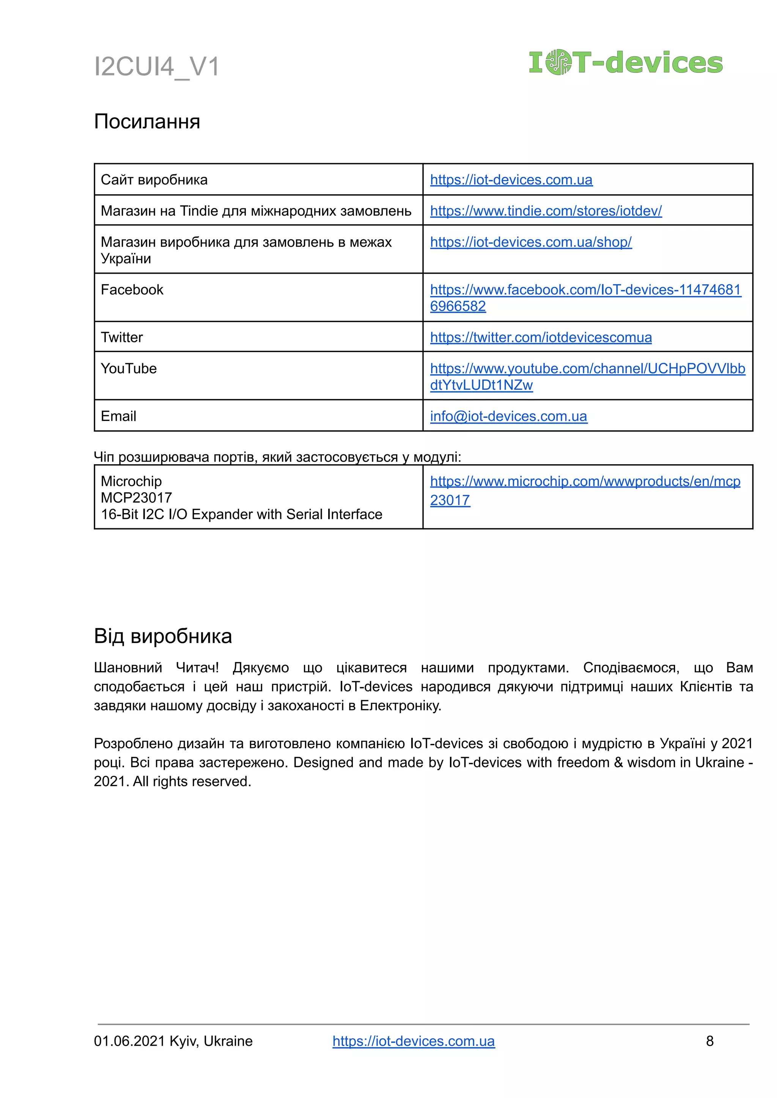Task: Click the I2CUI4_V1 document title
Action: click(x=156, y=66)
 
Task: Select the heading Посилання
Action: click(x=147, y=121)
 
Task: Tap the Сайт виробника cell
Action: click(x=154, y=180)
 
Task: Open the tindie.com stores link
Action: click(x=546, y=211)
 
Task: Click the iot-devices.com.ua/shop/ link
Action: click(x=531, y=242)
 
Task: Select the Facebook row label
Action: click(x=132, y=290)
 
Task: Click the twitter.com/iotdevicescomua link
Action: click(x=541, y=337)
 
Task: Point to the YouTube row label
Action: click(x=129, y=369)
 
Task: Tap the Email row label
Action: click(x=118, y=416)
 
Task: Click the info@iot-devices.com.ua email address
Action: click(x=508, y=416)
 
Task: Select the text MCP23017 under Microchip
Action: click(x=136, y=498)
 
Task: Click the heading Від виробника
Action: click(x=163, y=636)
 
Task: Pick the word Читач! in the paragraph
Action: click(x=197, y=668)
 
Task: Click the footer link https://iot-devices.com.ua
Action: click(x=414, y=1041)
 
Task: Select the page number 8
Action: click(x=709, y=1041)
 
